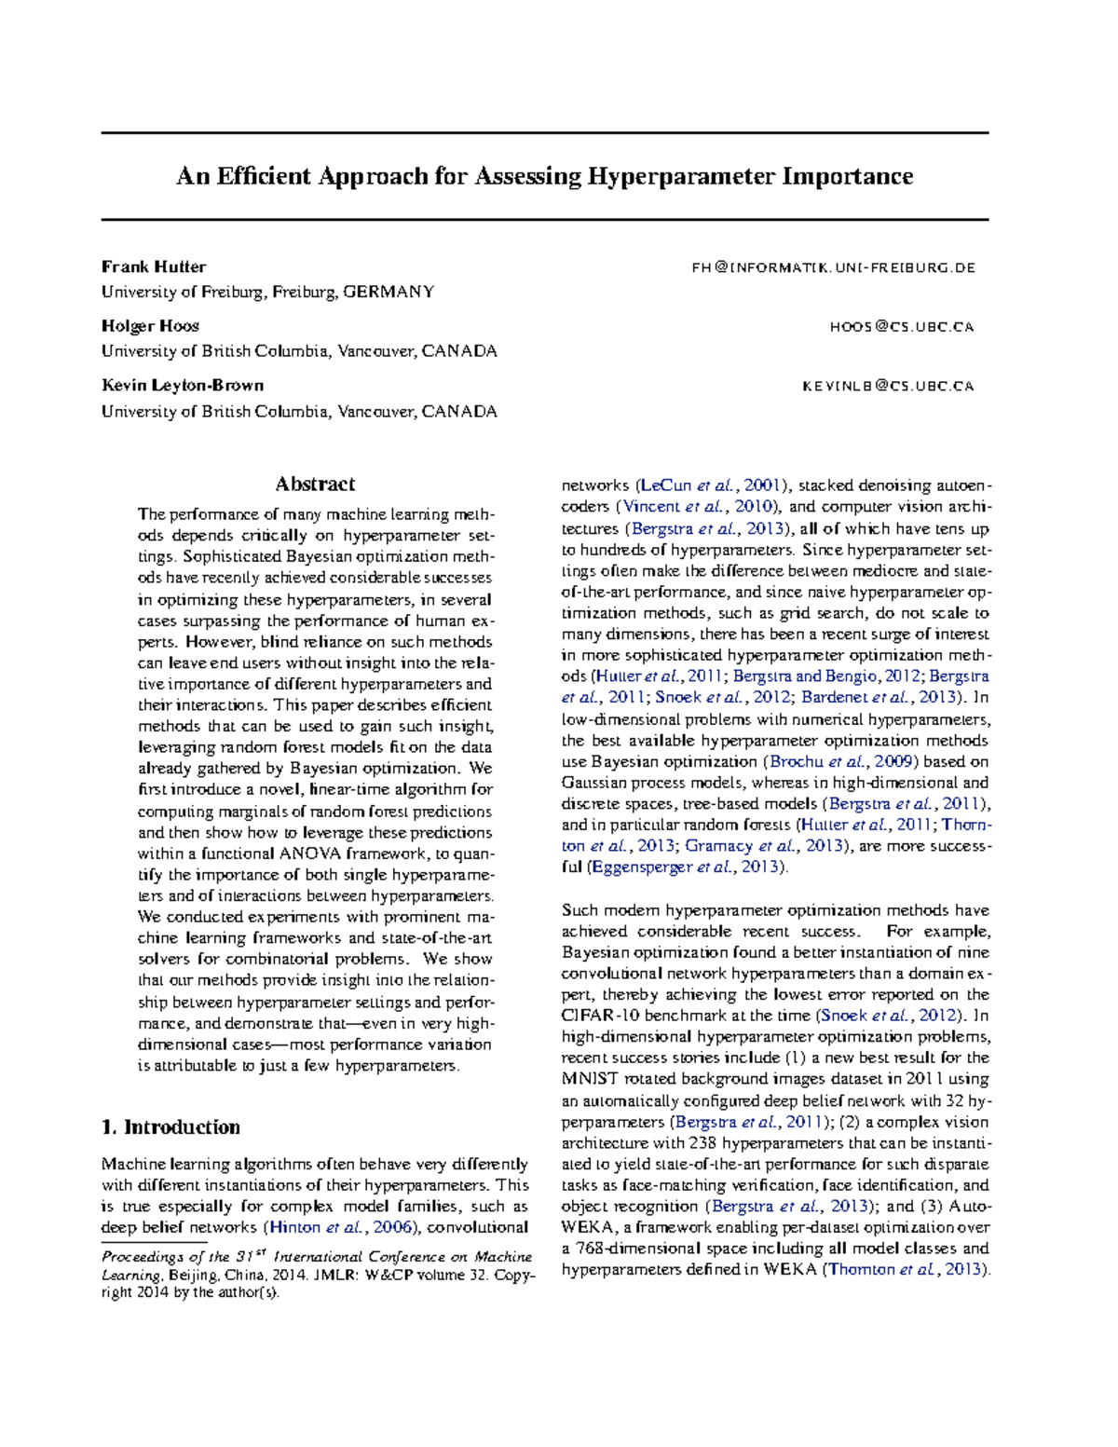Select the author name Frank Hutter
click(x=154, y=266)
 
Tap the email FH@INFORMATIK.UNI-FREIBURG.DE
click(x=833, y=267)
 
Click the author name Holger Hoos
click(x=150, y=326)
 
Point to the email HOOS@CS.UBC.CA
click(x=901, y=327)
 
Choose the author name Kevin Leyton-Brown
click(x=183, y=386)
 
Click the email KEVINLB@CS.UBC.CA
click(x=888, y=387)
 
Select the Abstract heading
click(x=315, y=484)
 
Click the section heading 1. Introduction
click(x=170, y=1127)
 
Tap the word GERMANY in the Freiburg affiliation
click(x=389, y=292)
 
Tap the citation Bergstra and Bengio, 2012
click(x=817, y=676)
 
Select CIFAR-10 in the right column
click(x=592, y=1016)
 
